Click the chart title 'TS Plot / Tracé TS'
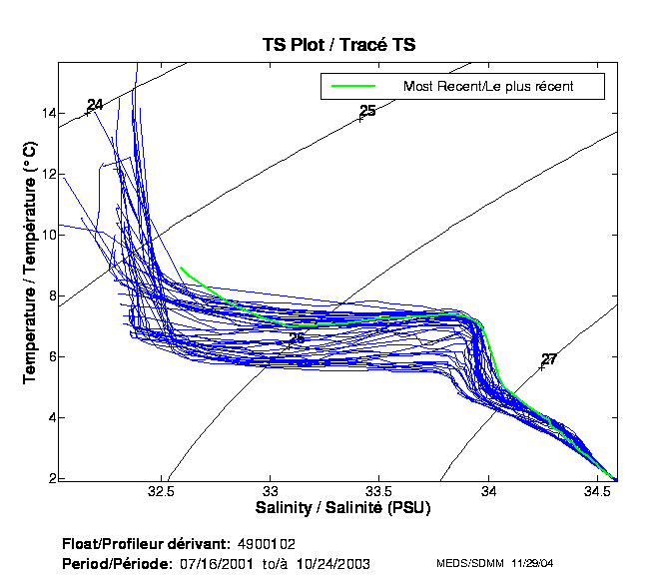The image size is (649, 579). click(338, 45)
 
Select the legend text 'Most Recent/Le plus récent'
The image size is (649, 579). click(488, 87)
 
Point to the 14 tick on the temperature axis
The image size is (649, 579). click(48, 113)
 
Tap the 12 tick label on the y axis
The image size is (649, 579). click(48, 175)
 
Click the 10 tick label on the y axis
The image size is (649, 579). click(48, 236)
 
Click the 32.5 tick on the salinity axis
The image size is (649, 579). click(161, 492)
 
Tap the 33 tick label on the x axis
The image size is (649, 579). click(271, 492)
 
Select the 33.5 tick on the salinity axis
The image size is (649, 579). click(379, 492)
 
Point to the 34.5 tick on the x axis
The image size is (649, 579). click(597, 492)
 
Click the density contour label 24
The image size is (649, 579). click(95, 105)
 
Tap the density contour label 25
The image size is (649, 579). click(367, 111)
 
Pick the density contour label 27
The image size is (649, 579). click(549, 359)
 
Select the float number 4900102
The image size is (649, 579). click(268, 544)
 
